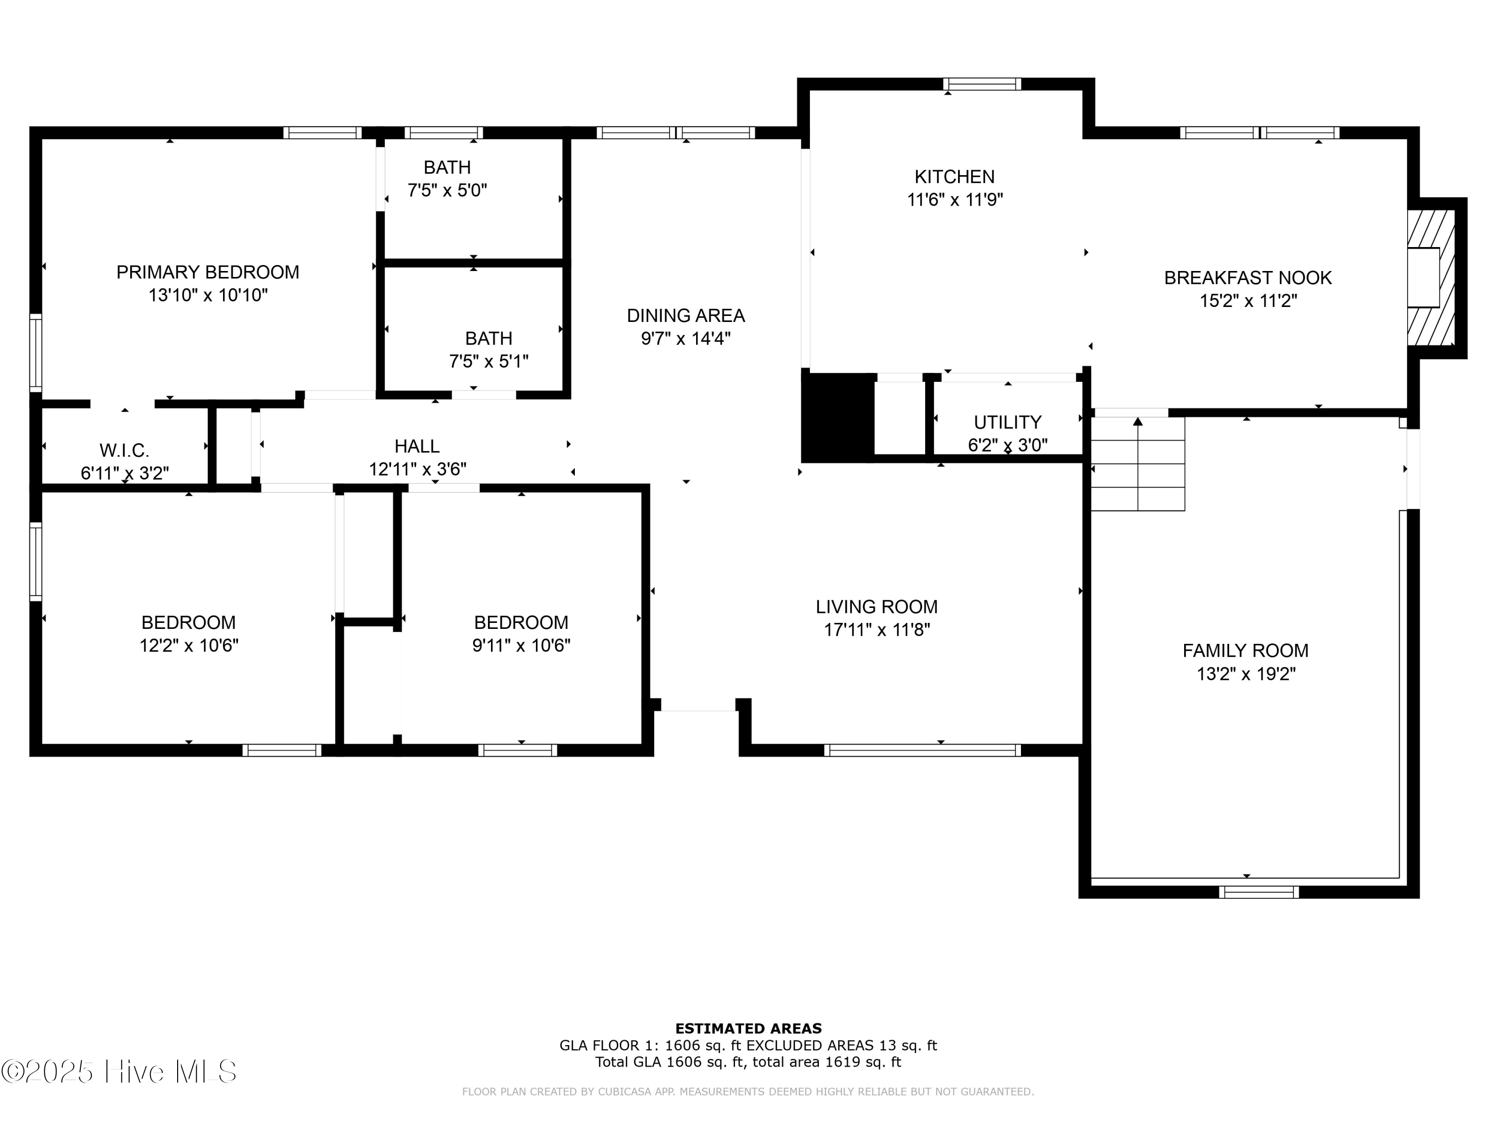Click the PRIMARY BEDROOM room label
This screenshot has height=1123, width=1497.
[x=208, y=272]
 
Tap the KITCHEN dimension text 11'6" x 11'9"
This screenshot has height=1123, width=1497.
[x=955, y=200]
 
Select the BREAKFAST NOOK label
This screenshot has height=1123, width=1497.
[x=1248, y=278]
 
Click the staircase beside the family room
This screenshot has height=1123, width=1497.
[x=1138, y=464]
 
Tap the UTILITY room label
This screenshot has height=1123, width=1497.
[x=1007, y=422]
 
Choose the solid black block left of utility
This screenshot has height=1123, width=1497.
[x=837, y=417]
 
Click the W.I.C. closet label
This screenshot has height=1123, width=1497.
[x=125, y=450]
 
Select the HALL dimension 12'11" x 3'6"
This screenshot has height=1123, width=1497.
[x=418, y=469]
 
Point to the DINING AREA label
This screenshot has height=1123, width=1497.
[x=686, y=315]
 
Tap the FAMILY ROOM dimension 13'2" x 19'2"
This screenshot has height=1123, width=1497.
[x=1246, y=673]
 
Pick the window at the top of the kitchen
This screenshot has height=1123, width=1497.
[x=982, y=84]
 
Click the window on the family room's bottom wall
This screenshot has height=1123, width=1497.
[x=1259, y=892]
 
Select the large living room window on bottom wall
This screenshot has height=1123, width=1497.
[x=923, y=750]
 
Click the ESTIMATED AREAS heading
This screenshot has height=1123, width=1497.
[x=748, y=1029]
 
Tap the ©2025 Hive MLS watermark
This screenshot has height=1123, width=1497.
[x=119, y=1072]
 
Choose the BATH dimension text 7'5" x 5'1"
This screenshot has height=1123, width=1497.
[x=489, y=361]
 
